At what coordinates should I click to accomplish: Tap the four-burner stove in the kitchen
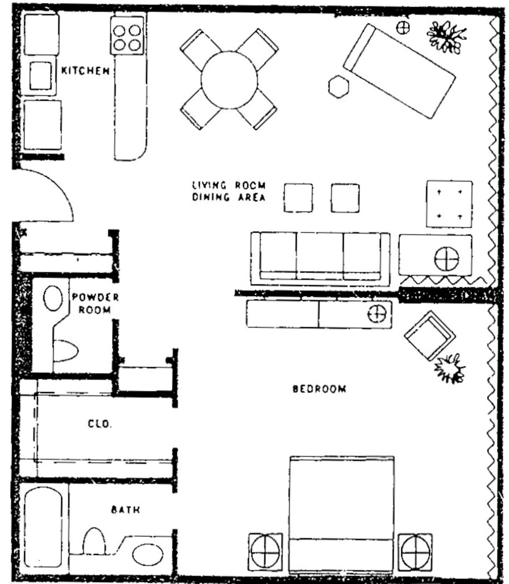127,35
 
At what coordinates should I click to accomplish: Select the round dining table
229,80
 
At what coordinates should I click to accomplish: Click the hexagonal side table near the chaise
339,86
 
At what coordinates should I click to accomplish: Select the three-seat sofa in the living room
320,258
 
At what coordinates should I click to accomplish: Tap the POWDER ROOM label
95,303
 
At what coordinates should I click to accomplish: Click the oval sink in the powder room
53,298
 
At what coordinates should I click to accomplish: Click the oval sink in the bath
148,554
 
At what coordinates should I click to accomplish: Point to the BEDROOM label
319,389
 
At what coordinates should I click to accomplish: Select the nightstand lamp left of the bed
265,552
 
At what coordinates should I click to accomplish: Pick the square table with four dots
449,204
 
